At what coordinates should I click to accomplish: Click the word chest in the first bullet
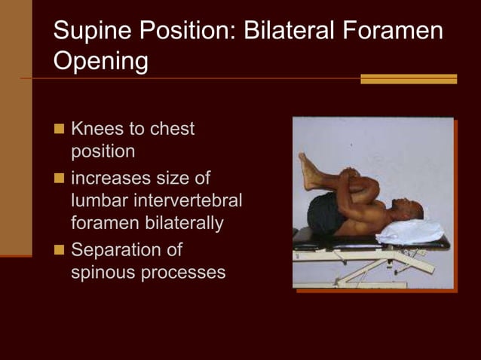pos(172,129)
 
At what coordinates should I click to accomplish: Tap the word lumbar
pos(99,201)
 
